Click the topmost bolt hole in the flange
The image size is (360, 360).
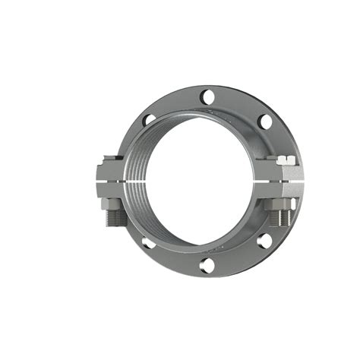pos(207,96)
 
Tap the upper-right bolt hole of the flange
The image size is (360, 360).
pos(264,122)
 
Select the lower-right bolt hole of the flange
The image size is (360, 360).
pos(264,241)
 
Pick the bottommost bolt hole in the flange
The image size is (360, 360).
pos(207,265)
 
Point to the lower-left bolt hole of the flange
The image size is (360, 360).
pos(149,242)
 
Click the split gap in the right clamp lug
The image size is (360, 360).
pos(279,182)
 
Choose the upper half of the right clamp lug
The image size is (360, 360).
pos(279,172)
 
